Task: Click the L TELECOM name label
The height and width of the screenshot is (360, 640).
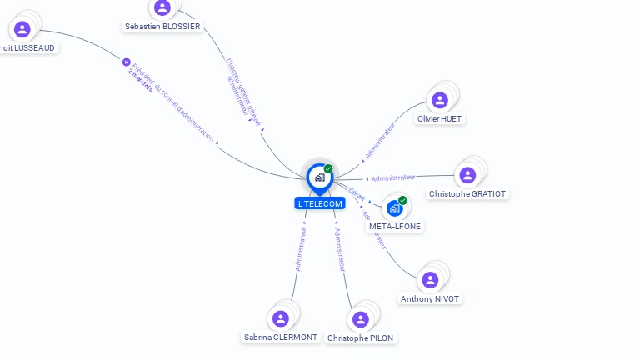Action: (x=319, y=204)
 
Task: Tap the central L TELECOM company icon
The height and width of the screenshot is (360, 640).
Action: (x=319, y=177)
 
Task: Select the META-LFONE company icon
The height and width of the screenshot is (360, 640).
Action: (x=394, y=207)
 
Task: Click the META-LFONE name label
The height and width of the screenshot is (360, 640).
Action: (x=395, y=227)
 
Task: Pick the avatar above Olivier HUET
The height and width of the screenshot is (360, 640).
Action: (x=440, y=100)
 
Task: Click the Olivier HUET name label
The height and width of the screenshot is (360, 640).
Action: (x=440, y=119)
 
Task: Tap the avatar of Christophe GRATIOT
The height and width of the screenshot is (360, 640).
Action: (x=467, y=175)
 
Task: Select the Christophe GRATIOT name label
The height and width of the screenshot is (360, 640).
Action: (x=467, y=194)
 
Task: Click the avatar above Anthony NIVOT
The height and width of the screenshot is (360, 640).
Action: (x=430, y=280)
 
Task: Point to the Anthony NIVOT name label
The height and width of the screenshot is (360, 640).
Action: (x=430, y=299)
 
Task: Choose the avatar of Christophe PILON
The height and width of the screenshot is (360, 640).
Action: (x=360, y=319)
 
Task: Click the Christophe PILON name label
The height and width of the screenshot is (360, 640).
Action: (x=361, y=338)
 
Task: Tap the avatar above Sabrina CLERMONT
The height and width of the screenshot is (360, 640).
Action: (x=281, y=318)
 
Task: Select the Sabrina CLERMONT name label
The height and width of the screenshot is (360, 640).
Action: (x=281, y=337)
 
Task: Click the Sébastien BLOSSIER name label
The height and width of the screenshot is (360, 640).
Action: (x=162, y=27)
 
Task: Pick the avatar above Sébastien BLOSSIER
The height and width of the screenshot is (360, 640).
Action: (x=162, y=7)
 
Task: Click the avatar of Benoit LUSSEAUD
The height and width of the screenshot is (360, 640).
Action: (x=22, y=29)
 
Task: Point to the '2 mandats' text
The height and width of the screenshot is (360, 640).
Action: (x=141, y=81)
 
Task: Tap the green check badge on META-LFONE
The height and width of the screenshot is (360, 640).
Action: (x=402, y=201)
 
